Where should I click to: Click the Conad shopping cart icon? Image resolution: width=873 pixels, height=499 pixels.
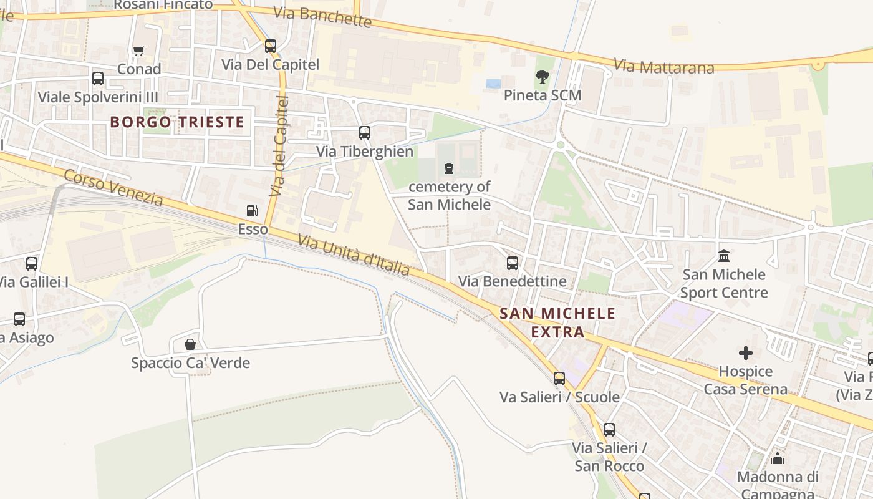click(138, 51)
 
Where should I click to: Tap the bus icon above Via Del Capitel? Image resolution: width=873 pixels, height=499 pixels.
click(270, 46)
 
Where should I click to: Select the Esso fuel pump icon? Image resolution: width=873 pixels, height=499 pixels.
click(252, 211)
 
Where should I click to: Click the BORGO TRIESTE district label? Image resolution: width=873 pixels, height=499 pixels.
click(177, 122)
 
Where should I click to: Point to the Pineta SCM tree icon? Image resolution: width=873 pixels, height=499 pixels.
click(543, 77)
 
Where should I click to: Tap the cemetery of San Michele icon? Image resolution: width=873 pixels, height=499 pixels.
click(449, 168)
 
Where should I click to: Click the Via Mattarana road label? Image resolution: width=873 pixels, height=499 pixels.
click(663, 66)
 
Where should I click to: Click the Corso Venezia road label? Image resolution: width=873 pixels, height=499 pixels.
click(113, 187)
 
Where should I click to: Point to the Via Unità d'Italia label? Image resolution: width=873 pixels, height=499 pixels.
click(354, 254)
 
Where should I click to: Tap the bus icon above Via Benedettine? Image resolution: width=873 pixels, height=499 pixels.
click(513, 263)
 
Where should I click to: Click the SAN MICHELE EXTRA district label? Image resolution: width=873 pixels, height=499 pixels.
click(557, 322)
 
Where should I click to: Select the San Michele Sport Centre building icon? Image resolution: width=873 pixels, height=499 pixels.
click(724, 256)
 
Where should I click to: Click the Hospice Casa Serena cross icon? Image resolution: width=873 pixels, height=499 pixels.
click(746, 353)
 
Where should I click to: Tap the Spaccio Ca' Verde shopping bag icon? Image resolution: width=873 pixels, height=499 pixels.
click(190, 344)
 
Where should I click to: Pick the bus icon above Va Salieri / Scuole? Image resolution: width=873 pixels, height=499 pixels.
click(559, 378)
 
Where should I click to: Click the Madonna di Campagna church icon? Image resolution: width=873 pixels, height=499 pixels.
click(778, 459)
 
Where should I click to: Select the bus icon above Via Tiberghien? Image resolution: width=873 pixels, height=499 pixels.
click(365, 133)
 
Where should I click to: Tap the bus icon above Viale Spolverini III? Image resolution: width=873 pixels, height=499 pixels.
click(98, 79)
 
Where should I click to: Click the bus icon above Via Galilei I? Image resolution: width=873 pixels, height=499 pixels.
click(32, 264)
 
